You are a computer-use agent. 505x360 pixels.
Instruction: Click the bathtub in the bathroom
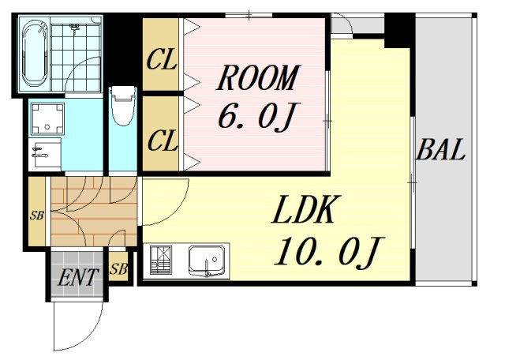coord(35,53)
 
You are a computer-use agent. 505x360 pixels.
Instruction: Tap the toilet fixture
coord(122,106)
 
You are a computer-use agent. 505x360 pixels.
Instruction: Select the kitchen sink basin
coord(207,261)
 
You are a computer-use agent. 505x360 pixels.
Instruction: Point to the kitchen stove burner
coord(161,260)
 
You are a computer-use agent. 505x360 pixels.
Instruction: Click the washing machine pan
coord(47,118)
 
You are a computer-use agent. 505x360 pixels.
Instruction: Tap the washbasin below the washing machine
coord(45,154)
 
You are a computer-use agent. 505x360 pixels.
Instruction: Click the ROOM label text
coord(258,77)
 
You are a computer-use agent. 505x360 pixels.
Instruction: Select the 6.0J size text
coord(258,116)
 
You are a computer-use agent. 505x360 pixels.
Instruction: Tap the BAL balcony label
coord(440,150)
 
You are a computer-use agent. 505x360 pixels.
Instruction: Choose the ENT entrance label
coord(77,277)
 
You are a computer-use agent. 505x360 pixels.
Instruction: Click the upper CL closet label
coord(161,59)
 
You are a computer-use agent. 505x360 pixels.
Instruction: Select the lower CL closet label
coord(163,141)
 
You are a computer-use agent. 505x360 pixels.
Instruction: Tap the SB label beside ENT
coord(118,268)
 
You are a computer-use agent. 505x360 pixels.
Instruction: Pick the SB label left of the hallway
coord(37,216)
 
